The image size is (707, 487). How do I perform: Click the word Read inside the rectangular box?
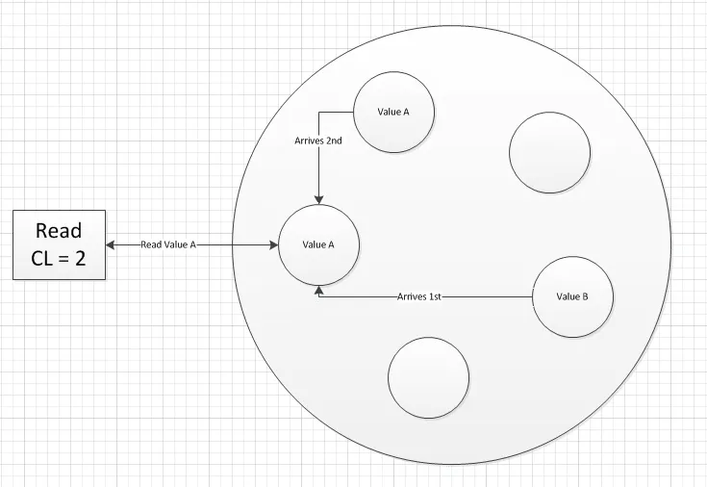(59, 230)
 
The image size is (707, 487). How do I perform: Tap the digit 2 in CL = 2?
(80, 258)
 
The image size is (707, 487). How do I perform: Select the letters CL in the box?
(41, 258)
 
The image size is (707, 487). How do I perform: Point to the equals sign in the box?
(63, 259)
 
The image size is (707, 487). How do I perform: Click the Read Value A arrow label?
(168, 244)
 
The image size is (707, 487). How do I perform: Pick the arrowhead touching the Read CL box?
(110, 245)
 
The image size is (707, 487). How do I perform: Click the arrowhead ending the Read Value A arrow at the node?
(274, 245)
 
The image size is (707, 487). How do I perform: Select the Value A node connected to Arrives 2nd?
(393, 112)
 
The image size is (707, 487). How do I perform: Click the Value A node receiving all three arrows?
(318, 245)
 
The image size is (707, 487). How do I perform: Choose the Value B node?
(572, 296)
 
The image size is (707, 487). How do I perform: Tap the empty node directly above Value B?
(549, 153)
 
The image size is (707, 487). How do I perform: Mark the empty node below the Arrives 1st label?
(428, 378)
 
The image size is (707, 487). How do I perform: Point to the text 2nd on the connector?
(334, 141)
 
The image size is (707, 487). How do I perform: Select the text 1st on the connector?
(435, 296)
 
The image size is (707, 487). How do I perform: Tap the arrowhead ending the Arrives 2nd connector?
(318, 200)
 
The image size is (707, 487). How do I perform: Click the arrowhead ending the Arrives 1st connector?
(318, 290)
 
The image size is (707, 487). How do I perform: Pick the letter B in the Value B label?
(585, 296)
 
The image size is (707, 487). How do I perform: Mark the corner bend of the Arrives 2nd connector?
(318, 112)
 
